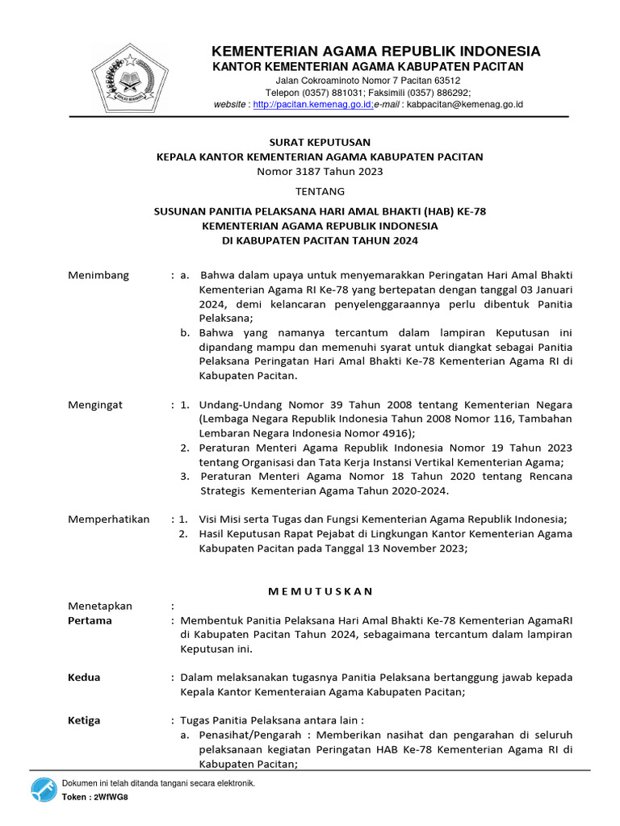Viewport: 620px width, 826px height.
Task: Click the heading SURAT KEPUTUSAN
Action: click(x=320, y=142)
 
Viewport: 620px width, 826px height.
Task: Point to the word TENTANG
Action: click(x=320, y=191)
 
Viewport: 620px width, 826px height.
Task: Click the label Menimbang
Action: click(x=98, y=275)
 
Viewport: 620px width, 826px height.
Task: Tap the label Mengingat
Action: click(x=95, y=405)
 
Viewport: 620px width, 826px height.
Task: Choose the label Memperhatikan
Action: click(x=109, y=519)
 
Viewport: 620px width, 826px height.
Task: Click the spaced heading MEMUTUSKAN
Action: click(x=320, y=591)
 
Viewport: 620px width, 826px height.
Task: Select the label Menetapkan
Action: click(x=100, y=606)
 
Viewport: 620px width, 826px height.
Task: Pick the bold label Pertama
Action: click(x=90, y=620)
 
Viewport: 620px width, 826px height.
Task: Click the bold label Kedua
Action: click(x=85, y=678)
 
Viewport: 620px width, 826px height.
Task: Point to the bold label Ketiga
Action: click(x=85, y=720)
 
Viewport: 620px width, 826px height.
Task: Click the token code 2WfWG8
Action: click(x=111, y=797)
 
